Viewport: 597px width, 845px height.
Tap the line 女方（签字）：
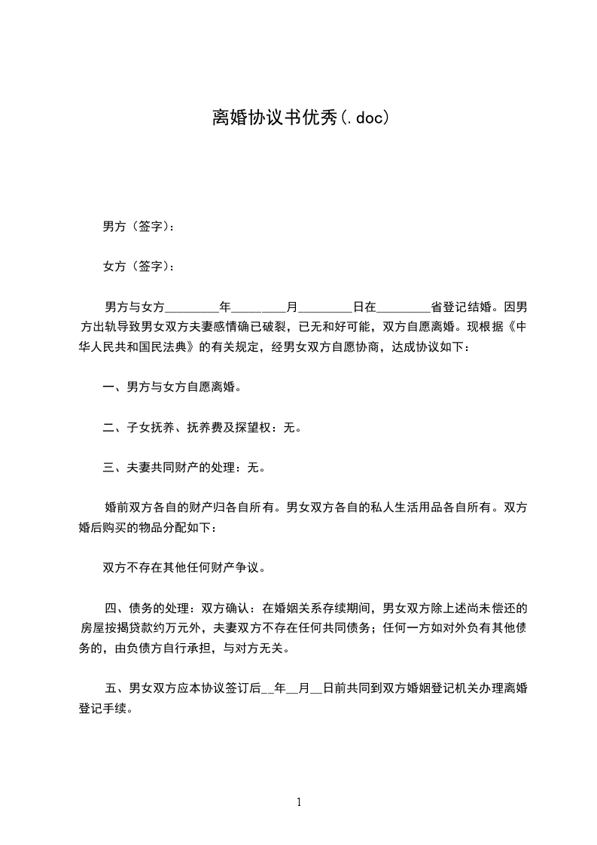tap(139, 266)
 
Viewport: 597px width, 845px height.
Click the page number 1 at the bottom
tap(299, 802)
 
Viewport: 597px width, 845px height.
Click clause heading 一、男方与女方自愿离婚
tap(172, 388)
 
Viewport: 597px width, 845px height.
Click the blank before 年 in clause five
tap(267, 688)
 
